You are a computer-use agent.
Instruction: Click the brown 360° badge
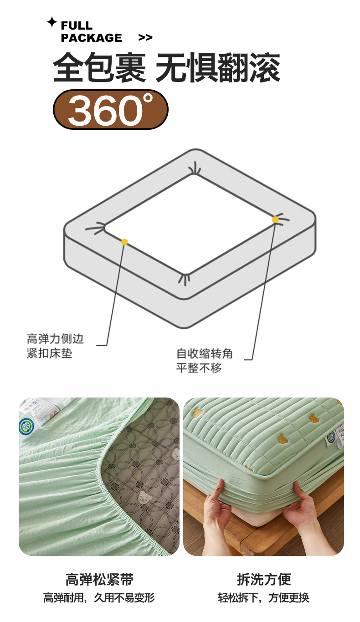(110, 109)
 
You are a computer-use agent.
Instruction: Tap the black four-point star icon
(51, 22)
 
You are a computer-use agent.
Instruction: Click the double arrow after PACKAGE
(145, 37)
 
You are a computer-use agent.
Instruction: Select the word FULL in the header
(77, 25)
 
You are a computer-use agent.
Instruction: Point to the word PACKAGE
(91, 38)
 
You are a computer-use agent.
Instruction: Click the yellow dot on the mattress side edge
(124, 242)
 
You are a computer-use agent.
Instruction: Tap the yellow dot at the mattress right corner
(275, 219)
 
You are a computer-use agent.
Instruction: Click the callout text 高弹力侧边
(55, 339)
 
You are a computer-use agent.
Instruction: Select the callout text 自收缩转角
(204, 353)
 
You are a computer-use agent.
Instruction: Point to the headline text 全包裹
(99, 67)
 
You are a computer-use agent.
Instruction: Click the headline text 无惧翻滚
(217, 67)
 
